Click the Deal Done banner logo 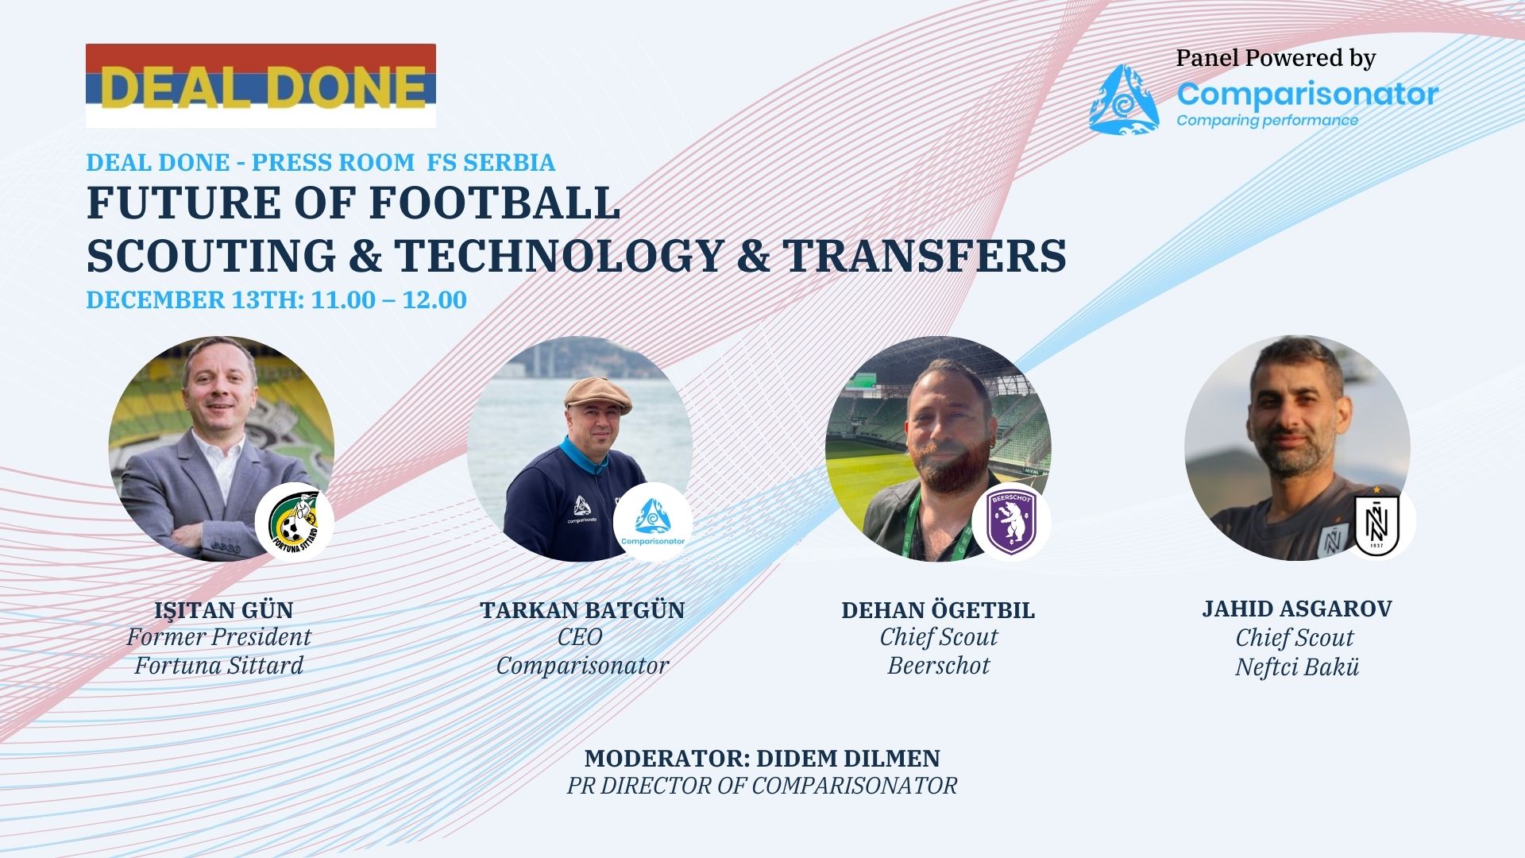click(x=261, y=86)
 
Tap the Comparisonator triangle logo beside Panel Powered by click(x=1125, y=100)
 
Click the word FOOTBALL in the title click(x=494, y=203)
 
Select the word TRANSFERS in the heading click(x=925, y=256)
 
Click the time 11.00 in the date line click(x=343, y=300)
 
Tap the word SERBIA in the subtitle click(x=509, y=162)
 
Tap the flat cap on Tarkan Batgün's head click(x=596, y=395)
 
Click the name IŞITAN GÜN click(x=224, y=610)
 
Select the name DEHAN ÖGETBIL click(x=938, y=610)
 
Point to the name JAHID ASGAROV click(x=1297, y=609)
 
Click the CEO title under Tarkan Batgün click(x=580, y=637)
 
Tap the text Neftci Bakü click(x=1297, y=667)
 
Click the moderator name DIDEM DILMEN click(x=848, y=758)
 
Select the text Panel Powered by click(x=1276, y=59)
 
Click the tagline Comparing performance click(x=1268, y=121)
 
